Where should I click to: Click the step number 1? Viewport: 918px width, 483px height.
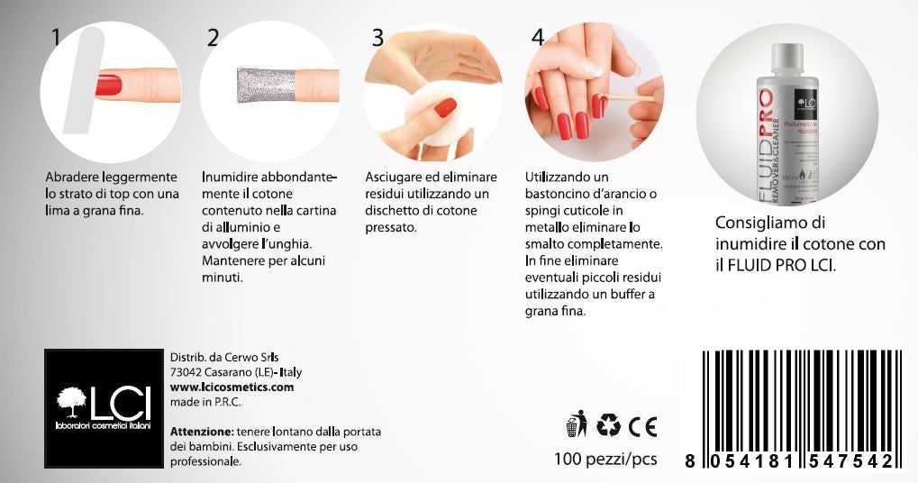[x=56, y=38]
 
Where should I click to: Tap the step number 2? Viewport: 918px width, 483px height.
[x=213, y=38]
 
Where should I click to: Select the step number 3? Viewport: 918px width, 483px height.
[x=377, y=38]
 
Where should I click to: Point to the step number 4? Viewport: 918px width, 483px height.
[x=538, y=38]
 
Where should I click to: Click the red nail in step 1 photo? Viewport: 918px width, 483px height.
[x=108, y=86]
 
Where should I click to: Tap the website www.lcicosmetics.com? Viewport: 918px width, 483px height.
[x=232, y=387]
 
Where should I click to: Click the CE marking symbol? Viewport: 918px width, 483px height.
[x=642, y=425]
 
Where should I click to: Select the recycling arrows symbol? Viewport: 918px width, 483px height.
[x=609, y=424]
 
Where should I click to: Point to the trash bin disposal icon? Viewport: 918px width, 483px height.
[x=577, y=424]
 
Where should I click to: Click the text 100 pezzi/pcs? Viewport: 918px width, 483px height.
[x=605, y=460]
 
